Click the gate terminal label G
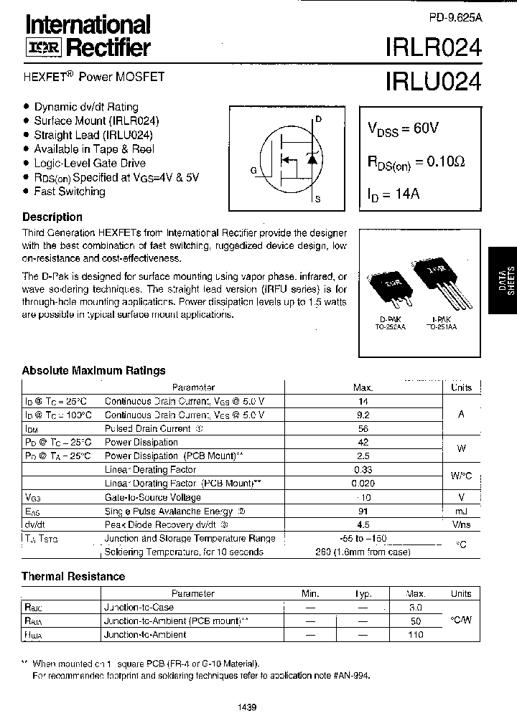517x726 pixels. click(x=253, y=170)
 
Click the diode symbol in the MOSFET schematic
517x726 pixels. click(x=312, y=159)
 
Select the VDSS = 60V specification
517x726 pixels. click(x=403, y=129)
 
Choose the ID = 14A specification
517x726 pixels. click(x=394, y=194)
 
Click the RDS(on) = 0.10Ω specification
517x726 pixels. click(x=416, y=163)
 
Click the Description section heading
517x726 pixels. click(x=52, y=217)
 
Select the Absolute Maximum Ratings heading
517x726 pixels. click(x=93, y=370)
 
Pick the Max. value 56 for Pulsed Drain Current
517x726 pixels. click(x=363, y=429)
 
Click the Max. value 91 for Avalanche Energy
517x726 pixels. click(x=363, y=511)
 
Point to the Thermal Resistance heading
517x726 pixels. click(x=73, y=576)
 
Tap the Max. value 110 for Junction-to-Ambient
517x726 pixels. click(x=416, y=635)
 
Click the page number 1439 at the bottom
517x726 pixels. click(x=246, y=707)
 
